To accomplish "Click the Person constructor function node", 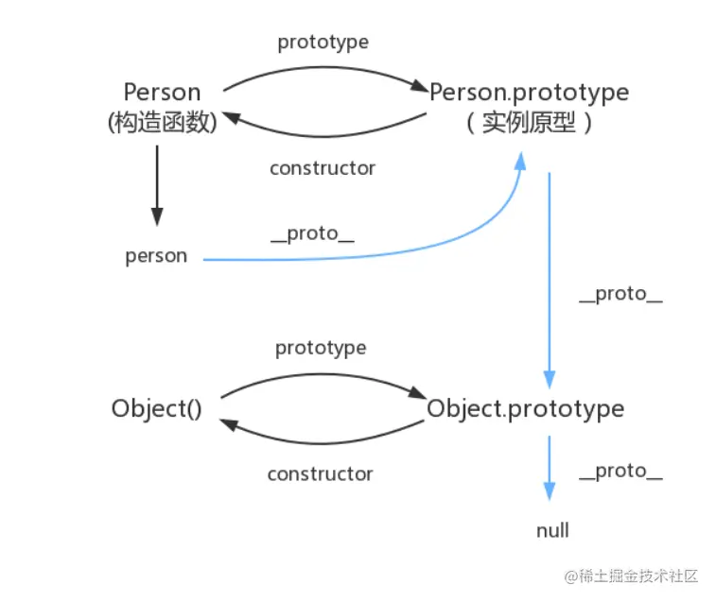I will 162,106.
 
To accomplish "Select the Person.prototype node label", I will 529,93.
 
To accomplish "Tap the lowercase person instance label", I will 156,256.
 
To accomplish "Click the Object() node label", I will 156,409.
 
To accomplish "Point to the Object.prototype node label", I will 525,409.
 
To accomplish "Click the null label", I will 552,530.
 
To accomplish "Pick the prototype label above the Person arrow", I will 323,43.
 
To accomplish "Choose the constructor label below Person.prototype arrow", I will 323,168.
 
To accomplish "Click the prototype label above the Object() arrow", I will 321,348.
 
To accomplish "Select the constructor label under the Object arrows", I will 321,473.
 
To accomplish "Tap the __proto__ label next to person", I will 312,233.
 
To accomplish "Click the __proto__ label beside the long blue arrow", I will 620,293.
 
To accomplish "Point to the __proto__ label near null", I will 620,471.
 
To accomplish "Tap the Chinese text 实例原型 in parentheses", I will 529,124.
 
